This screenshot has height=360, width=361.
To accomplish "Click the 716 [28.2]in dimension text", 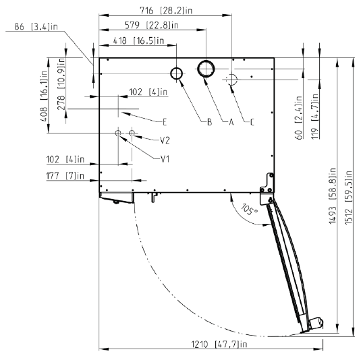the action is (x=166, y=11).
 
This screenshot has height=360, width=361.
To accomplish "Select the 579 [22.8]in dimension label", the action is (x=152, y=25).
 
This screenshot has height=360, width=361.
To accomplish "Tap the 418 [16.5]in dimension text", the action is (x=138, y=41).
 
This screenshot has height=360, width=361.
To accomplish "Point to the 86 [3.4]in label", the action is (x=36, y=27).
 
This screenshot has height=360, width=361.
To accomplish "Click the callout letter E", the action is (x=165, y=122).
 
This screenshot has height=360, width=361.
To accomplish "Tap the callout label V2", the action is (x=165, y=140).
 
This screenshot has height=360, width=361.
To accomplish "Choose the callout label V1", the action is (x=165, y=159).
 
